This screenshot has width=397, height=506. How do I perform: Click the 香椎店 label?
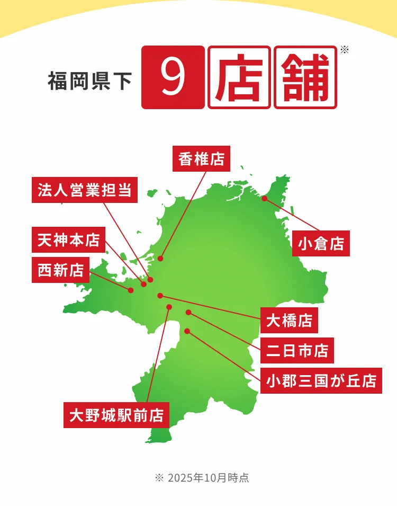coord(201,158)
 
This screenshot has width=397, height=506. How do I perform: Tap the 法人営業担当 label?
coord(85,190)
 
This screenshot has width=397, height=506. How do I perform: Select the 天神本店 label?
coord(69,240)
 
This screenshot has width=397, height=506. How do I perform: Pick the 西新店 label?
coord(61,270)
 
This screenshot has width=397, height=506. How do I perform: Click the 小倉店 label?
coord(321,243)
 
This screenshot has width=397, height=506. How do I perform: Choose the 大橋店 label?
coord(289,321)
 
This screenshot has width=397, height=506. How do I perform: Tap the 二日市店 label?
coord(297,350)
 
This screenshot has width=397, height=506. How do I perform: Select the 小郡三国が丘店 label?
coord(321,380)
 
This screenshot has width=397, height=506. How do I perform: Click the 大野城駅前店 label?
coord(116,415)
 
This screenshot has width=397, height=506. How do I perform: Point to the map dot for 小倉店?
coord(265,199)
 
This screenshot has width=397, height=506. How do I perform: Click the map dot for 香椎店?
coord(160,259)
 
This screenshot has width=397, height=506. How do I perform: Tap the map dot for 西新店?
coord(131,290)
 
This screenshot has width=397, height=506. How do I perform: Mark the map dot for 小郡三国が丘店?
coord(187,331)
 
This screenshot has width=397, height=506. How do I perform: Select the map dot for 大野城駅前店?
coord(169,307)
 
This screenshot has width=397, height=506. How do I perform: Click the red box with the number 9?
coord(173,77)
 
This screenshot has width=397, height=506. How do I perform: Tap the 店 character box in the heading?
coord(239,77)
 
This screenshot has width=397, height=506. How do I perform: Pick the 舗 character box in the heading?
coord(305,77)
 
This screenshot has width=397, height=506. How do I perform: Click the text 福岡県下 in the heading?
coord(89,82)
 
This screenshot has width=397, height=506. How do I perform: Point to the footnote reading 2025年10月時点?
coord(202,477)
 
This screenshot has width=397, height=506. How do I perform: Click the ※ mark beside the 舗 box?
coord(345,50)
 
